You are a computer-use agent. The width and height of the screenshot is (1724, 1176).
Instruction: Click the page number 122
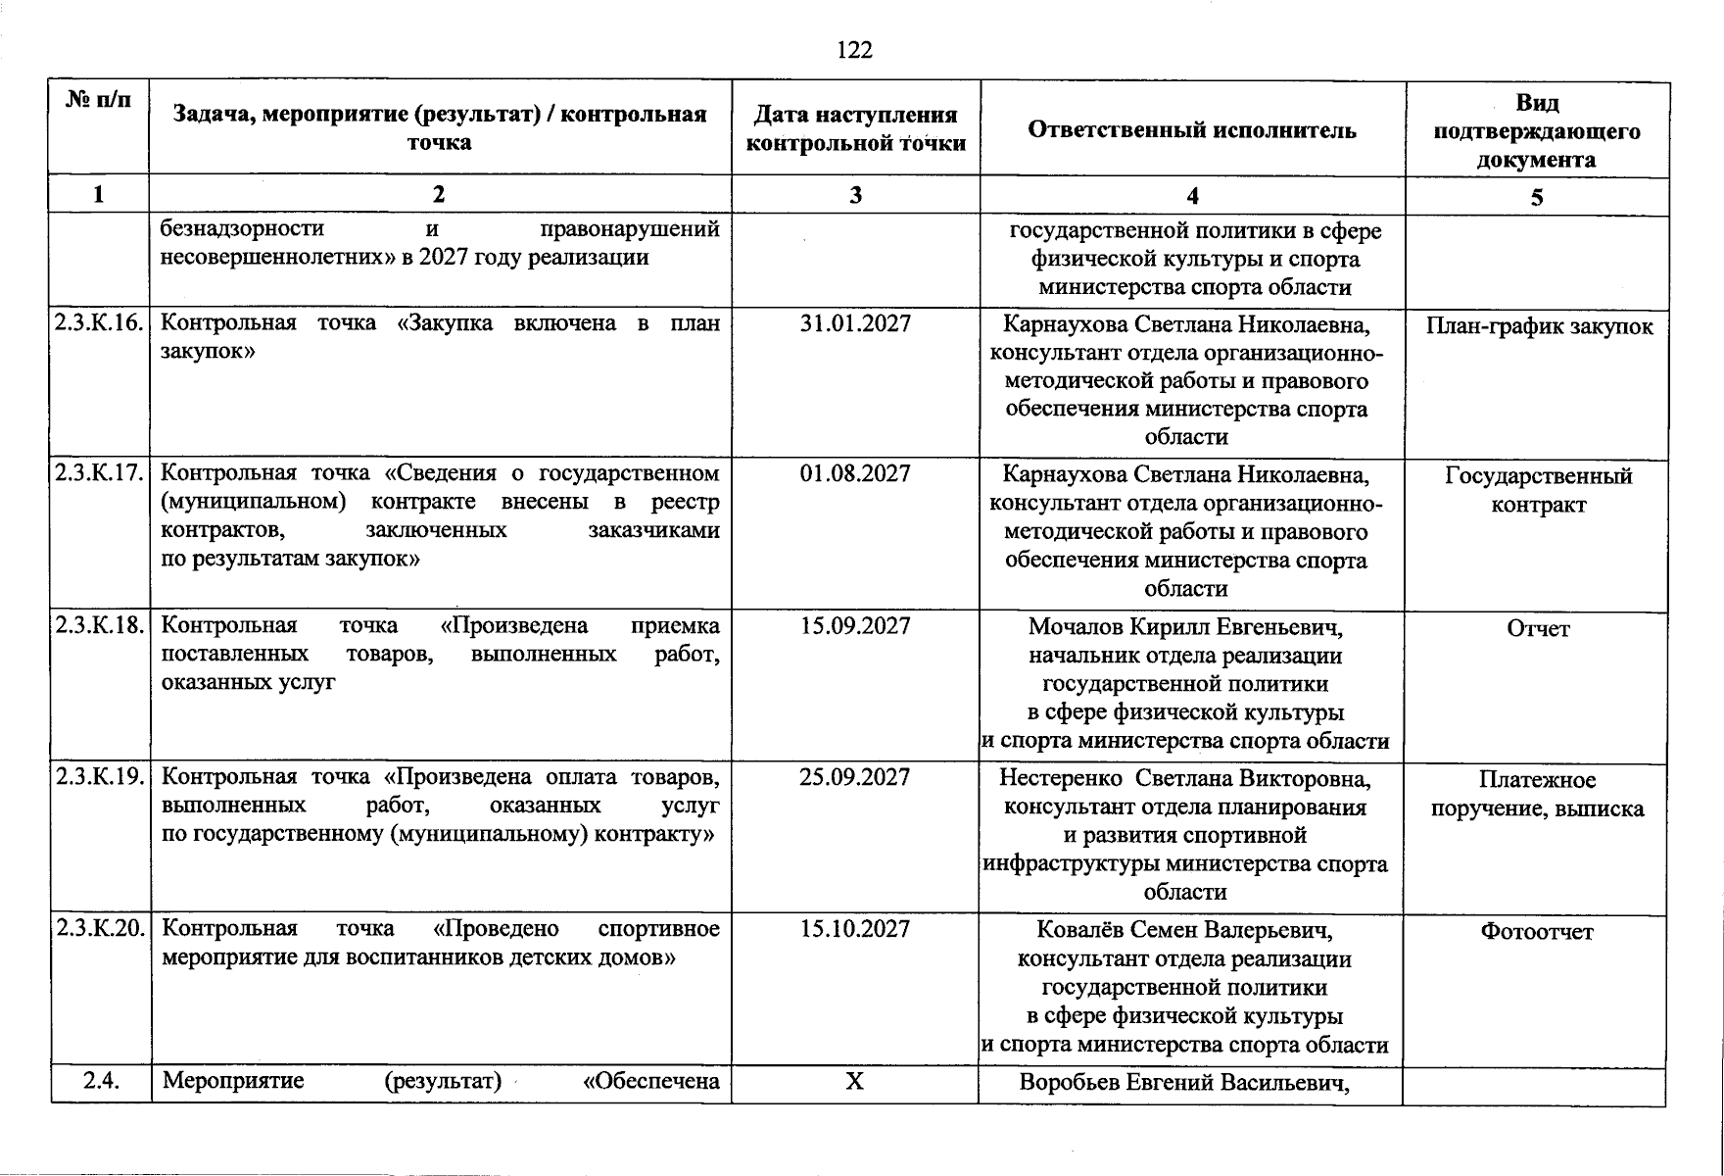[854, 50]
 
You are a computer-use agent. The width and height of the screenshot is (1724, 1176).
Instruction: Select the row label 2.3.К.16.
[100, 323]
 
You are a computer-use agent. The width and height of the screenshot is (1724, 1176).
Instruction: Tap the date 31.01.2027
[854, 323]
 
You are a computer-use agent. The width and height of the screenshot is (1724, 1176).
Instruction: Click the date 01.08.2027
[854, 474]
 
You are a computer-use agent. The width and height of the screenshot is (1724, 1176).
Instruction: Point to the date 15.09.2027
[854, 626]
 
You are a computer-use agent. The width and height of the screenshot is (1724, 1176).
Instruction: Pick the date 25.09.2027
[854, 778]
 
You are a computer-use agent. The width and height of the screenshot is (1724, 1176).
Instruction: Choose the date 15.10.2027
[854, 929]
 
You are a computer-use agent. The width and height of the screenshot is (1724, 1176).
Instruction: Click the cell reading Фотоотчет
[1536, 932]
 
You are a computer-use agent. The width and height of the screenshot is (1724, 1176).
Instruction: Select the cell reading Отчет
[1537, 629]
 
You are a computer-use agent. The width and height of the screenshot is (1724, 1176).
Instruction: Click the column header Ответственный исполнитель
[1191, 129]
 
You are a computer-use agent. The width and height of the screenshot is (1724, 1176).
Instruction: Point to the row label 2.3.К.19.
[100, 778]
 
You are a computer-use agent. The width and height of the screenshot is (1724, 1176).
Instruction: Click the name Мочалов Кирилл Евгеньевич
[1185, 627]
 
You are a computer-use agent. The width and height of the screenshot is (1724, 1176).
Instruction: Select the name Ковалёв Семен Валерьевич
[1185, 930]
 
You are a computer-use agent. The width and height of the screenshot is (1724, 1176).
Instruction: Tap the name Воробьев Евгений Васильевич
[1185, 1083]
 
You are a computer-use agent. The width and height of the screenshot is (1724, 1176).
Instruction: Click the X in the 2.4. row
[854, 1082]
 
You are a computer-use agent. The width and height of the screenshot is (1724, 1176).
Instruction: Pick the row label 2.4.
[101, 1082]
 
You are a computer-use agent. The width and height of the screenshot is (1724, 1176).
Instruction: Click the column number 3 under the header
[855, 195]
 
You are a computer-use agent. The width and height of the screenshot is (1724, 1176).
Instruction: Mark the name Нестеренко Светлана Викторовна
[1185, 779]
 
